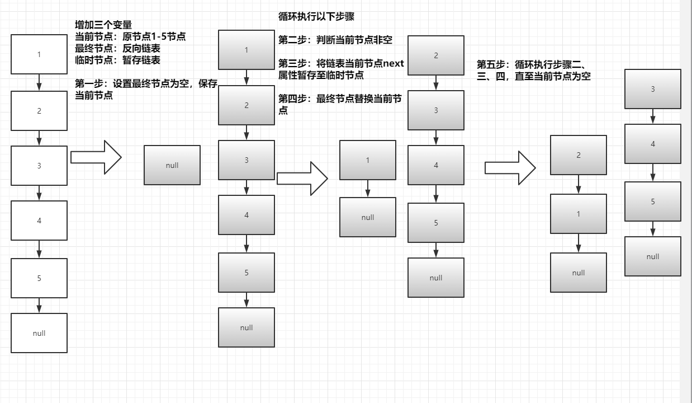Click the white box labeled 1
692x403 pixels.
click(x=39, y=54)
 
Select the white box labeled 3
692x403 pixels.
click(x=39, y=166)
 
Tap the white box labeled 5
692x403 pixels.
click(x=39, y=278)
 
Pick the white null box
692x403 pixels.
click(x=39, y=333)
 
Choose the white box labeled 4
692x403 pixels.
click(x=39, y=221)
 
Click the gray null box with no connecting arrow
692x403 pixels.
click(x=172, y=165)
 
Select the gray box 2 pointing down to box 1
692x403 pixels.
click(x=579, y=155)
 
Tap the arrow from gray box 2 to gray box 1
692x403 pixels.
click(x=579, y=184)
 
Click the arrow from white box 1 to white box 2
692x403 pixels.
click(x=39, y=82)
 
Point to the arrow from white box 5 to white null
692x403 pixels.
click(x=39, y=306)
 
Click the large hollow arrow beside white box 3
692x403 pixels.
click(x=96, y=157)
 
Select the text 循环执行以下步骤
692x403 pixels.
click(x=316, y=17)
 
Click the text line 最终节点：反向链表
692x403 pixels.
click(x=117, y=49)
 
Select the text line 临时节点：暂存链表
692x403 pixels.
click(x=117, y=60)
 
